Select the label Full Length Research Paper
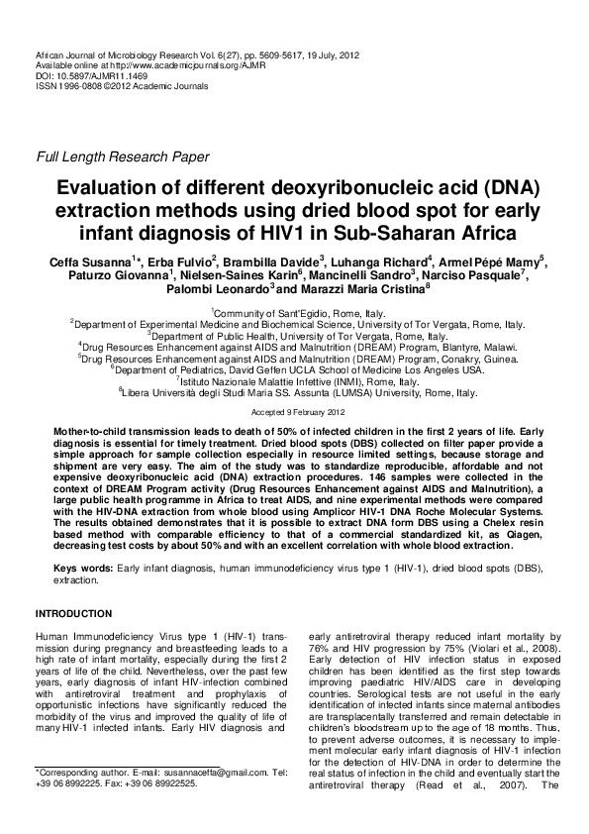pos(122,156)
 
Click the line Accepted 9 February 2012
pos(294,410)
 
